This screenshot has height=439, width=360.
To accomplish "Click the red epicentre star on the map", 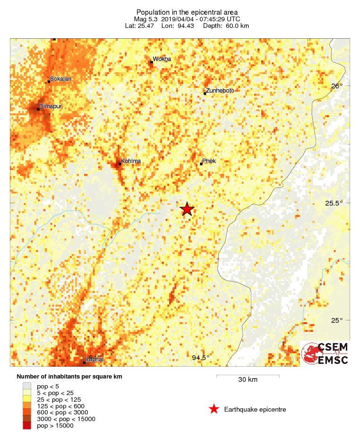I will (x=187, y=209).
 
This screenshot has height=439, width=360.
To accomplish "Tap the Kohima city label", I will (x=130, y=162).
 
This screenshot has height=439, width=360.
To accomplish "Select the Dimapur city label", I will (x=50, y=106).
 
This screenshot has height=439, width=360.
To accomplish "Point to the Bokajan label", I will (x=60, y=79).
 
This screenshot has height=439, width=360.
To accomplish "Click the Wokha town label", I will (x=162, y=59).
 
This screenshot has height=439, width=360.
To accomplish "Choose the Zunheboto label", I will (x=220, y=91).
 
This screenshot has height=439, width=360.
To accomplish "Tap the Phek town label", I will (x=209, y=161).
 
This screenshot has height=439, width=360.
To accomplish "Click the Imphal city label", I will (x=94, y=360).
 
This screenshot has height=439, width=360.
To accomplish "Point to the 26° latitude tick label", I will (x=337, y=86).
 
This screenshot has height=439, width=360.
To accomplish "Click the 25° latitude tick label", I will (x=337, y=321).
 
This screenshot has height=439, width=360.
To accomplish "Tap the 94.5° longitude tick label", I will (x=201, y=358).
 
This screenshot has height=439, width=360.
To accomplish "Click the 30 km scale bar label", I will (x=248, y=380).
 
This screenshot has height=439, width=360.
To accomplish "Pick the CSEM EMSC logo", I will (x=325, y=353).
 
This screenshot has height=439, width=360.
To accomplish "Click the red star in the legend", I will (x=214, y=409).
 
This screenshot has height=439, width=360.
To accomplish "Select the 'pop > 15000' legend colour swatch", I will (x=27, y=426).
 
